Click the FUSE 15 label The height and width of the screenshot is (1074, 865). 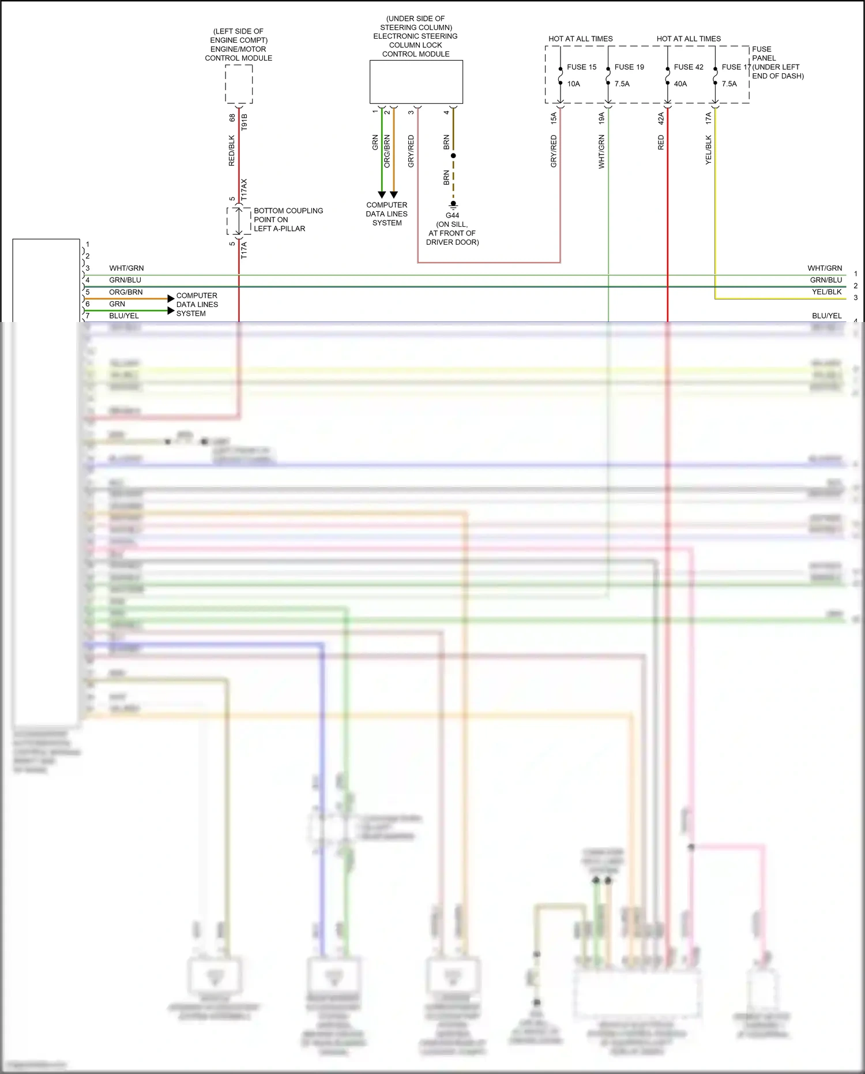point(581,67)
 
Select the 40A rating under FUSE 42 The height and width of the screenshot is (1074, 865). point(680,84)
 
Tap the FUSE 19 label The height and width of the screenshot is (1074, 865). point(629,67)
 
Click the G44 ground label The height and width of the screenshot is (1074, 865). point(452,215)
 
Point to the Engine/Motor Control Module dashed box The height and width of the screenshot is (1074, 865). point(239,84)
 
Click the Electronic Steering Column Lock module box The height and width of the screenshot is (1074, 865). point(416,82)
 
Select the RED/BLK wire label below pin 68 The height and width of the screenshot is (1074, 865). point(232,151)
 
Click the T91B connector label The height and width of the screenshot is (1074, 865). point(244,122)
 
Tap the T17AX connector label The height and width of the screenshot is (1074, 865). point(244,189)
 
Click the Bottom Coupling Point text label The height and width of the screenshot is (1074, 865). point(288,219)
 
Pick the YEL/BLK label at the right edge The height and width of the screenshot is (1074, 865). point(826,292)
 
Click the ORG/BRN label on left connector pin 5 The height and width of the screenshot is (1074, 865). point(126,292)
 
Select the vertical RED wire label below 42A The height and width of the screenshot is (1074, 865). point(661,143)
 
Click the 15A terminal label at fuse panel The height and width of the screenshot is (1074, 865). point(554,118)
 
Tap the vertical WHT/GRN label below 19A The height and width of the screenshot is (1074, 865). point(601,151)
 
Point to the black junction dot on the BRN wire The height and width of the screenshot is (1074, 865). point(453,156)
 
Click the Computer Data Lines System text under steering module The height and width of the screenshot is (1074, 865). point(386,214)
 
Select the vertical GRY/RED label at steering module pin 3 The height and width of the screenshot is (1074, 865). point(411,151)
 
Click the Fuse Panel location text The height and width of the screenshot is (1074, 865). point(777,62)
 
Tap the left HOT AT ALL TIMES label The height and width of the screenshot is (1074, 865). point(580,39)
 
